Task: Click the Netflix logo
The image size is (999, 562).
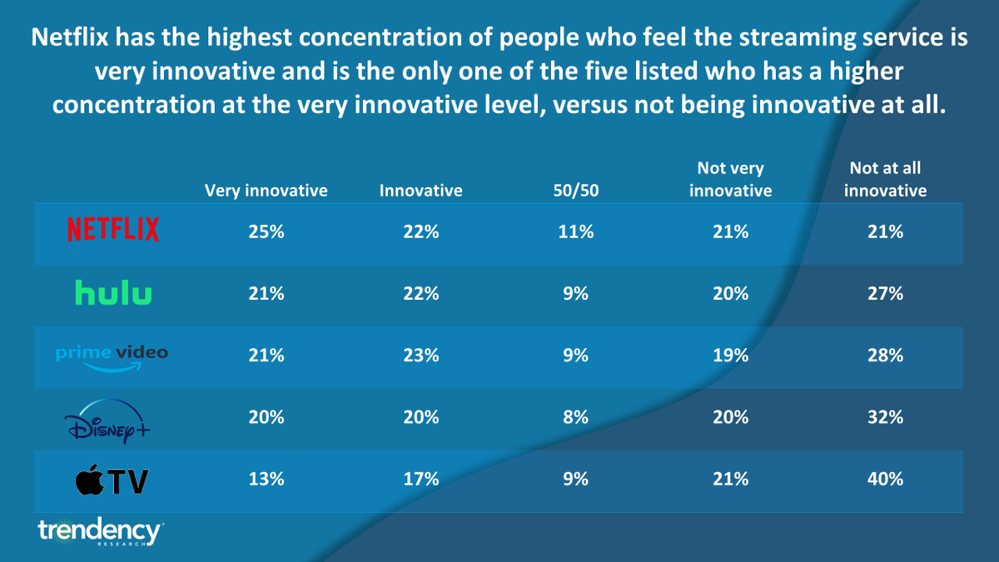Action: (113, 230)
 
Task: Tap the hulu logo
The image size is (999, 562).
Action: (113, 292)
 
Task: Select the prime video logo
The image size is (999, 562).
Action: (112, 356)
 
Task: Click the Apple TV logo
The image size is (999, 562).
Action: (112, 480)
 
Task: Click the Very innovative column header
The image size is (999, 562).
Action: (266, 191)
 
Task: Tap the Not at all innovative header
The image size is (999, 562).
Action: (885, 180)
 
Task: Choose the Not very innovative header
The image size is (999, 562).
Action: (730, 180)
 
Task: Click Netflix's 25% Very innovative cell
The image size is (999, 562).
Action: (266, 233)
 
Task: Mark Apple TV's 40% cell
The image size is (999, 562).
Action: (885, 479)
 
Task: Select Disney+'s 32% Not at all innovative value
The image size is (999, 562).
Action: (885, 417)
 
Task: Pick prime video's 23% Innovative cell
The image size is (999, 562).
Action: (421, 356)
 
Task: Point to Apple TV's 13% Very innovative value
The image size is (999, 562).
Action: (266, 479)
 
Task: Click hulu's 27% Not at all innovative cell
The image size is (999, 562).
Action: (885, 294)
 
